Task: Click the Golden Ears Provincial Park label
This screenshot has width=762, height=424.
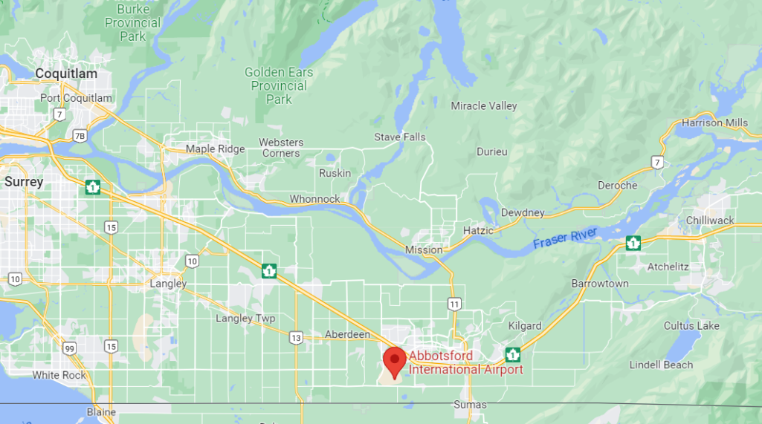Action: [279, 85]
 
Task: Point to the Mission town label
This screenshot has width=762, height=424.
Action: [424, 250]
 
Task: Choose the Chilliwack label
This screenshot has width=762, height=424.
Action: [710, 221]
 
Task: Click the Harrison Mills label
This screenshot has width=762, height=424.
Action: [714, 123]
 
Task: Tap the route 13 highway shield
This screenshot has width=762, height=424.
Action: [296, 338]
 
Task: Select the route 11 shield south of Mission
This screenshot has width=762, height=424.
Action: [453, 303]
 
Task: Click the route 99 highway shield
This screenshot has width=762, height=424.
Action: [69, 348]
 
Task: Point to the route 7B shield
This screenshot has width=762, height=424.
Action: [80, 136]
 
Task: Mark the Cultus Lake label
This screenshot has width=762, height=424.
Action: [691, 326]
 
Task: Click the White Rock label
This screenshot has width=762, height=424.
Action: [59, 375]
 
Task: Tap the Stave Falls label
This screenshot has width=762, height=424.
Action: [400, 137]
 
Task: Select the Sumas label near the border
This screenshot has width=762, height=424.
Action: [470, 405]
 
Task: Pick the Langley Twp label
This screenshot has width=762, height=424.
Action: [245, 319]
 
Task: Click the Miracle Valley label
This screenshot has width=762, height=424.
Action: [484, 106]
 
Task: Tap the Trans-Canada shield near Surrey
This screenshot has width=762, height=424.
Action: [93, 187]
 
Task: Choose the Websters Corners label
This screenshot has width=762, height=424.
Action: [281, 148]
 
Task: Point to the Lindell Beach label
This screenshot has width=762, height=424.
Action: [661, 365]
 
